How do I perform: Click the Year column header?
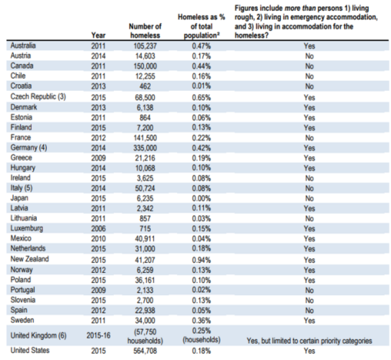pos(98,35)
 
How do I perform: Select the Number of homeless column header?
pos(145,31)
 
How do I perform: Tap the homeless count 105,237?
pos(145,46)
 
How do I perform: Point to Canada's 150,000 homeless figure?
pos(145,66)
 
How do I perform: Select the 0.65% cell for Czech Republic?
pos(200,97)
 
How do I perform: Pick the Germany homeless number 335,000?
pos(145,148)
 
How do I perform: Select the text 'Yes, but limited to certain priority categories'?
pos(309,341)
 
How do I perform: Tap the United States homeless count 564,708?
pos(145,351)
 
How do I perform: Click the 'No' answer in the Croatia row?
pos(309,87)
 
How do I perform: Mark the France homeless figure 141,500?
pos(145,138)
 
